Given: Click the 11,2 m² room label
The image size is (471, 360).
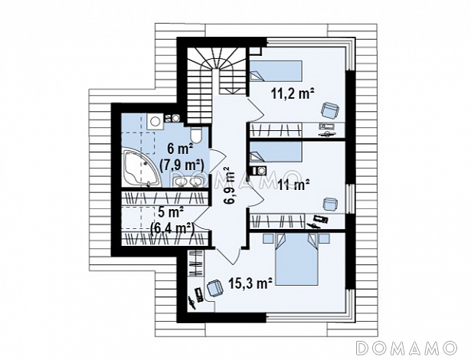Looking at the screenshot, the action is point(293,93).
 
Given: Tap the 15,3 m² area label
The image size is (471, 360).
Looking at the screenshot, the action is point(250,283).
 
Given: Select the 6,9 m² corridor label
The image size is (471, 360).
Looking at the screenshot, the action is point(229,185).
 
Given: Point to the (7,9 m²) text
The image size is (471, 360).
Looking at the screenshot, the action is point(182,165).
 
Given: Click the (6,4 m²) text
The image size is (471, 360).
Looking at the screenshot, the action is point(172,227).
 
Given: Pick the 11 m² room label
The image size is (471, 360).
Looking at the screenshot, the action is point(293,184).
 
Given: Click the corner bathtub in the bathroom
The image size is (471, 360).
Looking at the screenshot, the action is point(139,167).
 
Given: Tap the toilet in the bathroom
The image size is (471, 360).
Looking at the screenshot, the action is point(196,136).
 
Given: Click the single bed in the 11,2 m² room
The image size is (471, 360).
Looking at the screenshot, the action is point(276,71).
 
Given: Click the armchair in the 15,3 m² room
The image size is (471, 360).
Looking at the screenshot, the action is point(214,288).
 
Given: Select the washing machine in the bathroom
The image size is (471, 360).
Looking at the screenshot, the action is point(155,121).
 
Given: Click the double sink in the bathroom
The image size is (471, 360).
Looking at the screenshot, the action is point(187,182).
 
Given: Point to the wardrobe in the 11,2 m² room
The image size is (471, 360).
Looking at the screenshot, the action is point(276,130).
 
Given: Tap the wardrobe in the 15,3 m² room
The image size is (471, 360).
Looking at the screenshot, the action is point(196,263).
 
